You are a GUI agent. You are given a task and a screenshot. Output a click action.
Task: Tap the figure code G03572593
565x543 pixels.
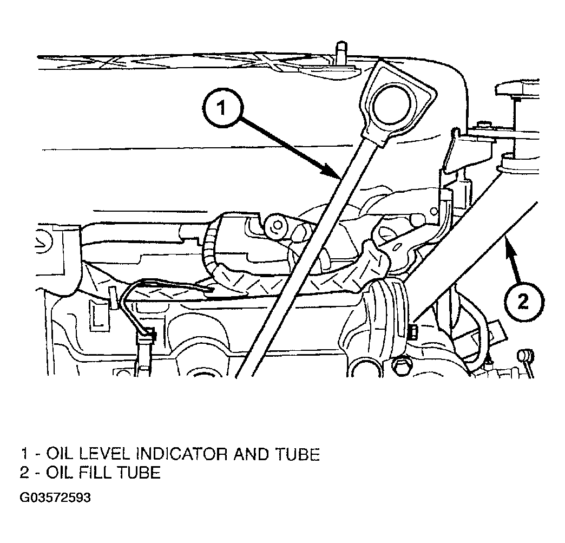55,498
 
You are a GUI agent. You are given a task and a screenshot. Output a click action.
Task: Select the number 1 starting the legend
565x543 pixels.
24,454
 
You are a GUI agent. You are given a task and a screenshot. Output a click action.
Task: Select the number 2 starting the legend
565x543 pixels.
24,472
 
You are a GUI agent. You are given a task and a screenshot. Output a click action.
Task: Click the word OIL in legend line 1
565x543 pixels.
58,454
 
